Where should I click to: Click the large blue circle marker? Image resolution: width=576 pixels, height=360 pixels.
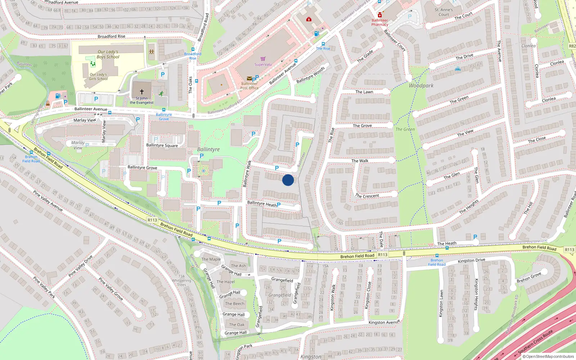tap(288, 180)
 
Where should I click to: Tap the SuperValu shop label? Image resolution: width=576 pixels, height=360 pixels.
tap(263, 64)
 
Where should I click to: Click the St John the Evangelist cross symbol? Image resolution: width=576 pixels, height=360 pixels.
tap(142, 92)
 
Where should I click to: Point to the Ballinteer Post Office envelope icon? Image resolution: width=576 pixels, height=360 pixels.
tap(249, 78)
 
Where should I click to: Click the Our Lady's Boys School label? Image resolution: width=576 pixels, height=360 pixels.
tap(108, 54)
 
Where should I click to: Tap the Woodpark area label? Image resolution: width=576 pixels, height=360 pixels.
tap(421, 86)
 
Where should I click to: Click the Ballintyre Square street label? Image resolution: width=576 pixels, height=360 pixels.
tap(162, 145)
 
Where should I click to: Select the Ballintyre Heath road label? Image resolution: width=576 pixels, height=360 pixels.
tap(262, 203)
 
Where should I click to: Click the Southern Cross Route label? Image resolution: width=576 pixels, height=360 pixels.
tap(535, 342)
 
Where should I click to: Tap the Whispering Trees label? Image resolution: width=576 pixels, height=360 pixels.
tap(181, 283)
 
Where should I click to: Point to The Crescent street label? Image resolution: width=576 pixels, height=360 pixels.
tap(367, 196)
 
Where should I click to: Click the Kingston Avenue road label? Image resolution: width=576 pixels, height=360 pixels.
tap(384, 322)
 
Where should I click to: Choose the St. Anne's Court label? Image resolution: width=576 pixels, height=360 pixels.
tap(444, 12)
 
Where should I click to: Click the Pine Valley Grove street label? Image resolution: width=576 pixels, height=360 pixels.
tap(111, 289)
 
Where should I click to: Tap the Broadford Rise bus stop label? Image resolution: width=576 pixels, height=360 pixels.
tap(193, 56)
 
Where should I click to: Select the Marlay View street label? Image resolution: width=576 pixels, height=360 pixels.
tap(85, 120)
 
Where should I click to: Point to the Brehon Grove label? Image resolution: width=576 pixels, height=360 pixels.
tap(529, 278)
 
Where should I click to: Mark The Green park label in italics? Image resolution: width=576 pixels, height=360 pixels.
tap(405, 129)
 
